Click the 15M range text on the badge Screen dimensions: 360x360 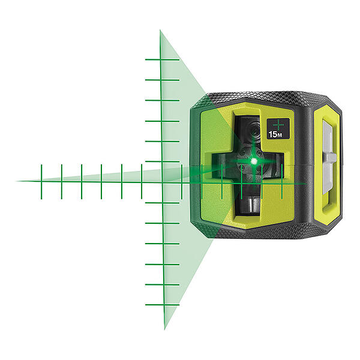click(x=275, y=134)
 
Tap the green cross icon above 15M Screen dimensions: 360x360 click(x=278, y=124)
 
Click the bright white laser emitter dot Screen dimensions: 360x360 click(x=253, y=161)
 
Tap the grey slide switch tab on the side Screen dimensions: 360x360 click(x=329, y=157)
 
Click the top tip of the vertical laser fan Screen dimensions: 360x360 click(x=160, y=30)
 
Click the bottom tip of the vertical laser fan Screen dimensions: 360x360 click(x=164, y=329)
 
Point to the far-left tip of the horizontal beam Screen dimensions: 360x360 click(x=17, y=181)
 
